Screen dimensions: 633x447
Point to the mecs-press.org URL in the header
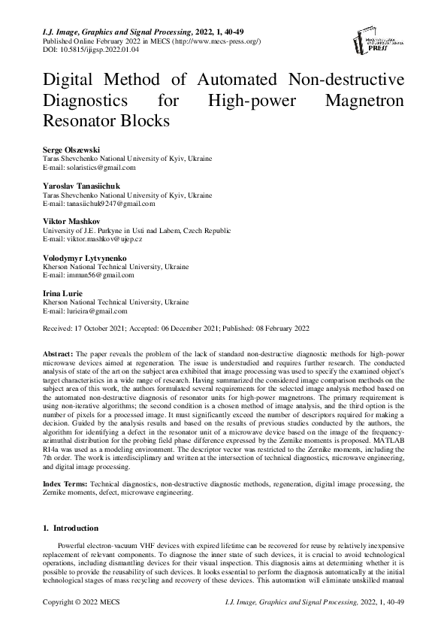[218, 42]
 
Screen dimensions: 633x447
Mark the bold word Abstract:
[56, 353]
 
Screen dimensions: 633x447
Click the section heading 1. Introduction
[71, 528]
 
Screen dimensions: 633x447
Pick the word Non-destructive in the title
[341, 80]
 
